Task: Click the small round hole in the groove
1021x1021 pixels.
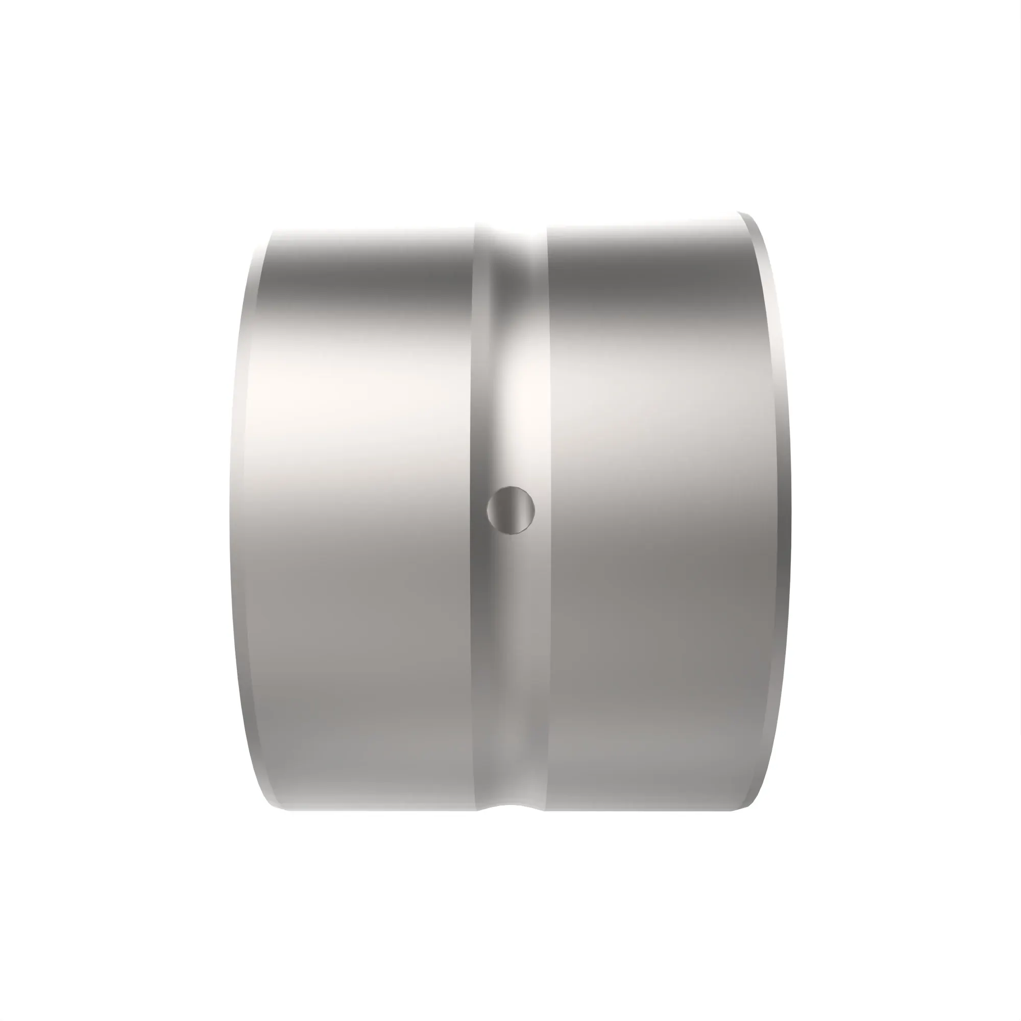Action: (x=510, y=510)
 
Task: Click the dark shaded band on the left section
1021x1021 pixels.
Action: (x=370, y=275)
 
